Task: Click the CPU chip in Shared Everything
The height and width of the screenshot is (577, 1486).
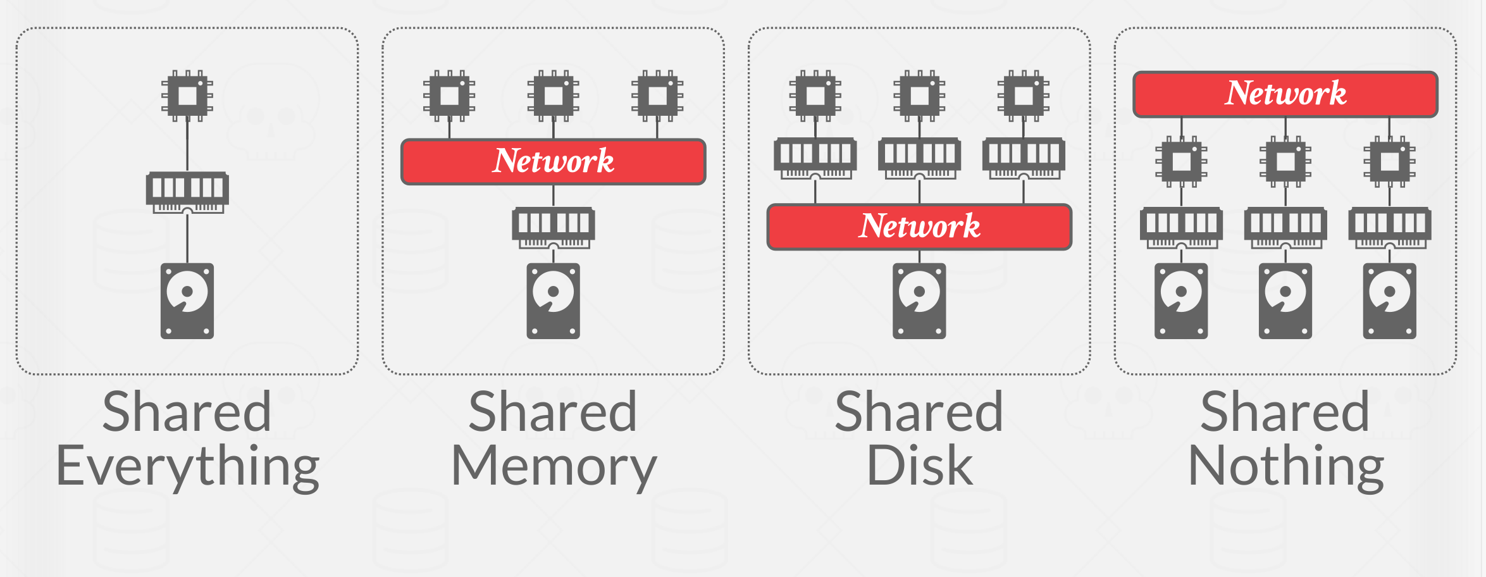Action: pos(187,96)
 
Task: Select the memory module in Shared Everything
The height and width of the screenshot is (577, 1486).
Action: pos(187,191)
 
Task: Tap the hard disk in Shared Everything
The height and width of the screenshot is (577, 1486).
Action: pos(187,301)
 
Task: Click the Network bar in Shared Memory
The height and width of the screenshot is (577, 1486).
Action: pos(554,161)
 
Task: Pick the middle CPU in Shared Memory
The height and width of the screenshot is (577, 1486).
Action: pos(554,96)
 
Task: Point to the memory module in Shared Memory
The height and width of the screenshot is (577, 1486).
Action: pos(554,226)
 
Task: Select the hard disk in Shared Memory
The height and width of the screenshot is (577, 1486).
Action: pos(554,301)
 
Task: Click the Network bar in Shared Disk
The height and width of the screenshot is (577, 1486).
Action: pos(919,226)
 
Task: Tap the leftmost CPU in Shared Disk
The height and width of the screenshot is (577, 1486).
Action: pos(815,96)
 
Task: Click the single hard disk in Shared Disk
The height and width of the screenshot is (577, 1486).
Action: pos(919,301)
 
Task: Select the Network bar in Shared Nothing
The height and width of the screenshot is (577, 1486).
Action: pos(1285,94)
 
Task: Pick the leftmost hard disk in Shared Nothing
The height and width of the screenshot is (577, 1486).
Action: pos(1181,301)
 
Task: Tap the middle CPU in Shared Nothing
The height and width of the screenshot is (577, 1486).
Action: pos(1285,162)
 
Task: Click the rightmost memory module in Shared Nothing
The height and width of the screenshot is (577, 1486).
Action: pos(1390,226)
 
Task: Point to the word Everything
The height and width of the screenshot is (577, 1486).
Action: pos(187,467)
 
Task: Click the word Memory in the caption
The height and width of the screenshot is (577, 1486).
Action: pos(554,467)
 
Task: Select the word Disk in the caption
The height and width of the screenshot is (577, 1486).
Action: pos(919,466)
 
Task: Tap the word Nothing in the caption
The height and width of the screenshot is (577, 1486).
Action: pos(1285,467)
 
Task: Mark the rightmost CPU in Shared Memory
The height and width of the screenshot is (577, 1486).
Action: pos(657,96)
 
